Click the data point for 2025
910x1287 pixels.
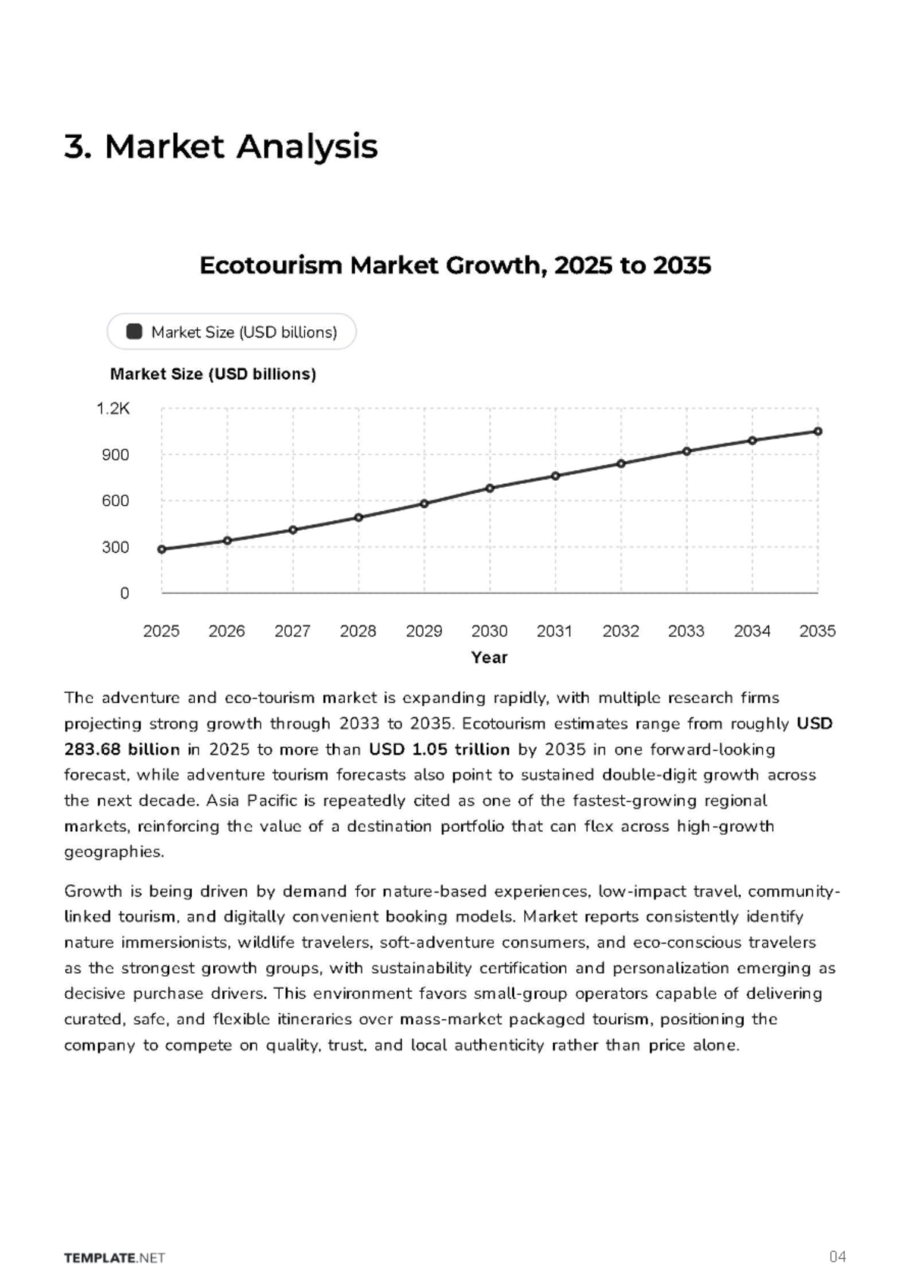point(162,549)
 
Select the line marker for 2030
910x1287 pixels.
point(490,488)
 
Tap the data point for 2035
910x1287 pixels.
point(818,432)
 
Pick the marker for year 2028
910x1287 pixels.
point(359,518)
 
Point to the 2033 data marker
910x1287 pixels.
point(686,451)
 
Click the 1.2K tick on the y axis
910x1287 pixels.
point(113,409)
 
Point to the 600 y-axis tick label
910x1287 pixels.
point(115,501)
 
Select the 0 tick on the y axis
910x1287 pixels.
point(124,594)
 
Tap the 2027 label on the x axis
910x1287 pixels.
point(293,632)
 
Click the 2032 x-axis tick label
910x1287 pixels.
point(621,632)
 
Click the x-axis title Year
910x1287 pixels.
point(489,658)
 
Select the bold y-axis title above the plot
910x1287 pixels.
point(213,375)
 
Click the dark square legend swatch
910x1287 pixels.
point(134,332)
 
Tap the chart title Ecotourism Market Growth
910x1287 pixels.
point(455,265)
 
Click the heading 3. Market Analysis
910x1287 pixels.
point(221,146)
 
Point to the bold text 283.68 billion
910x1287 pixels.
point(122,750)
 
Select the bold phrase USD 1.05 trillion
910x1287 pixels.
point(440,750)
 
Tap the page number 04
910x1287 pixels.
point(838,1256)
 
